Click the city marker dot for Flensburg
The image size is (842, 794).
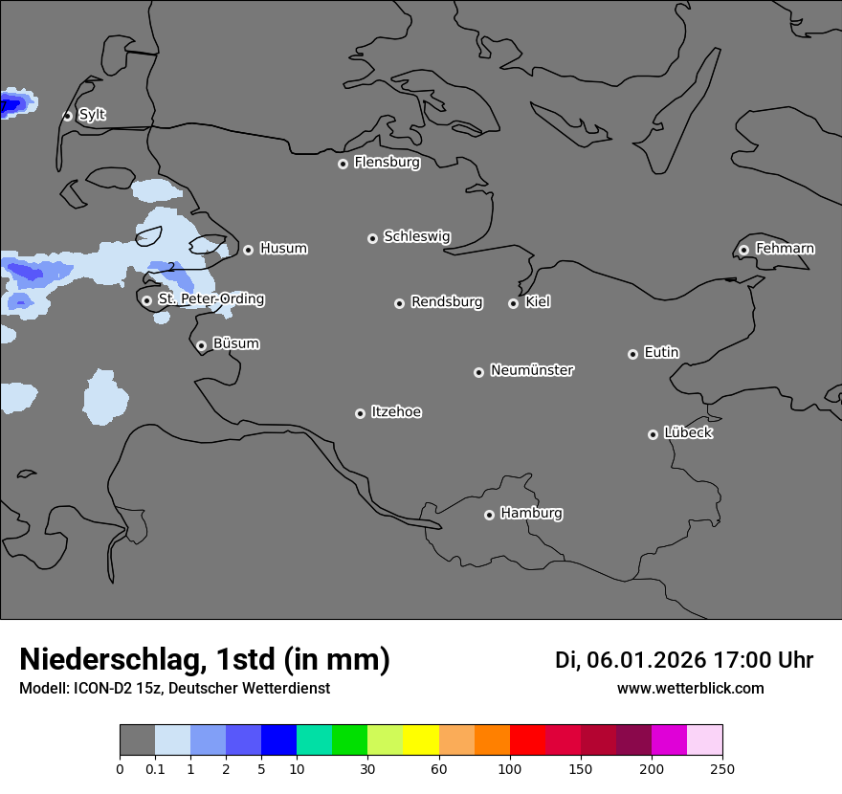(x=343, y=164)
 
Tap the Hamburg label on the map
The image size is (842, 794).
(x=531, y=514)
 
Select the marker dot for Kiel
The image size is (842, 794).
(x=513, y=303)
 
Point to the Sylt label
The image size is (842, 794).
(x=92, y=115)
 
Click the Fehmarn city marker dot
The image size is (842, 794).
(x=743, y=250)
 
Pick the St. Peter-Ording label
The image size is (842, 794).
(x=210, y=299)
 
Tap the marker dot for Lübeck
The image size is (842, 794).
(x=653, y=434)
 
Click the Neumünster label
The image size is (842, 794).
(x=532, y=370)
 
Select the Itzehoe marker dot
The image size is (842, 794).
(x=360, y=413)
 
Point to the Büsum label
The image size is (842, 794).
(x=235, y=343)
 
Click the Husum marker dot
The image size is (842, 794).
(x=248, y=250)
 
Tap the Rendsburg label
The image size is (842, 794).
(x=447, y=302)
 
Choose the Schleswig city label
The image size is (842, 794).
(x=417, y=236)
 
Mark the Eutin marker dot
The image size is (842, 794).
(x=632, y=354)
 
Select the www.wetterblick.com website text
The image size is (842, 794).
(x=690, y=689)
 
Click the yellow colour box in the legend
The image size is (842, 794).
(x=421, y=740)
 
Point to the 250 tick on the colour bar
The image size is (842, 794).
(x=722, y=768)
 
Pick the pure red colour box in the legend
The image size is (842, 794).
(x=527, y=740)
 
